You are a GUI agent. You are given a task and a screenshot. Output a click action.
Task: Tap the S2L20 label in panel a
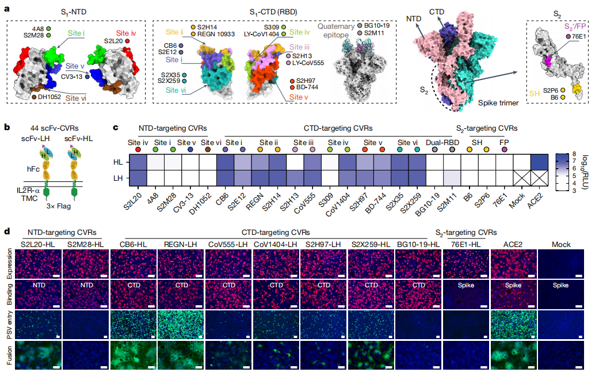tap(114, 41)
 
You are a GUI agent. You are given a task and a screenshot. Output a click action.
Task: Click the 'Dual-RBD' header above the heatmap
tap(441, 142)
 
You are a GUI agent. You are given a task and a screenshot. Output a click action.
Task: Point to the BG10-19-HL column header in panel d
tap(418, 245)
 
